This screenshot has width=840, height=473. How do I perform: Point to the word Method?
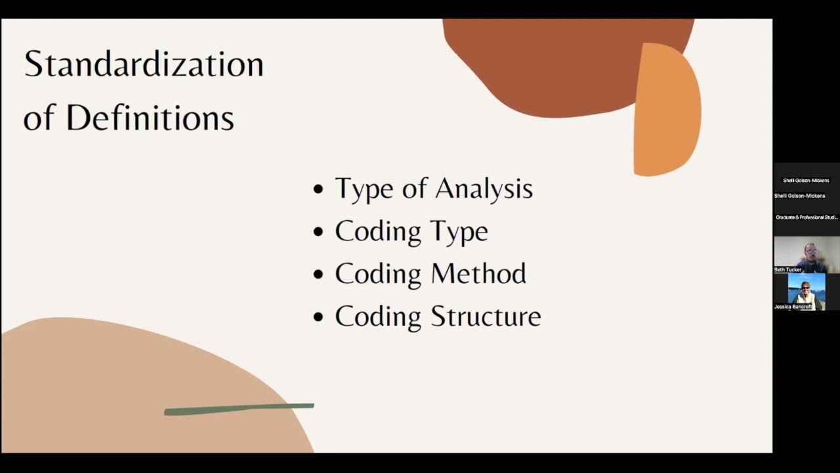click(x=478, y=274)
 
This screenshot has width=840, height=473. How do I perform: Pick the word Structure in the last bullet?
click(x=486, y=317)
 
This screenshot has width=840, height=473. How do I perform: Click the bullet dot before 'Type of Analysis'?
click(x=319, y=190)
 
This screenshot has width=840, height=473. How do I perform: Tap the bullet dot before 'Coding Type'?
click(x=319, y=232)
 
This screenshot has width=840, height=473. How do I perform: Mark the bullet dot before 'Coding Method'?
click(x=319, y=275)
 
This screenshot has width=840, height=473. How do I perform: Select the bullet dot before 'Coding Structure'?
click(x=319, y=317)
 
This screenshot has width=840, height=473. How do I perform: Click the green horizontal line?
click(x=239, y=409)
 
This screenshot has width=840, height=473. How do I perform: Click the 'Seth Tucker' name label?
click(x=787, y=269)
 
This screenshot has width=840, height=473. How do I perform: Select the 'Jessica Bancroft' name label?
click(x=793, y=307)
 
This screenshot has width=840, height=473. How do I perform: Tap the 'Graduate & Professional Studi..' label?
click(x=807, y=217)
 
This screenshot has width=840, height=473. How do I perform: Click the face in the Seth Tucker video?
click(x=811, y=252)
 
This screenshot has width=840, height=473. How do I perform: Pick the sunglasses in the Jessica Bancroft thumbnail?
click(x=805, y=287)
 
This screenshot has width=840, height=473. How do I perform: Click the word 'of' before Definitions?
click(x=39, y=119)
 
